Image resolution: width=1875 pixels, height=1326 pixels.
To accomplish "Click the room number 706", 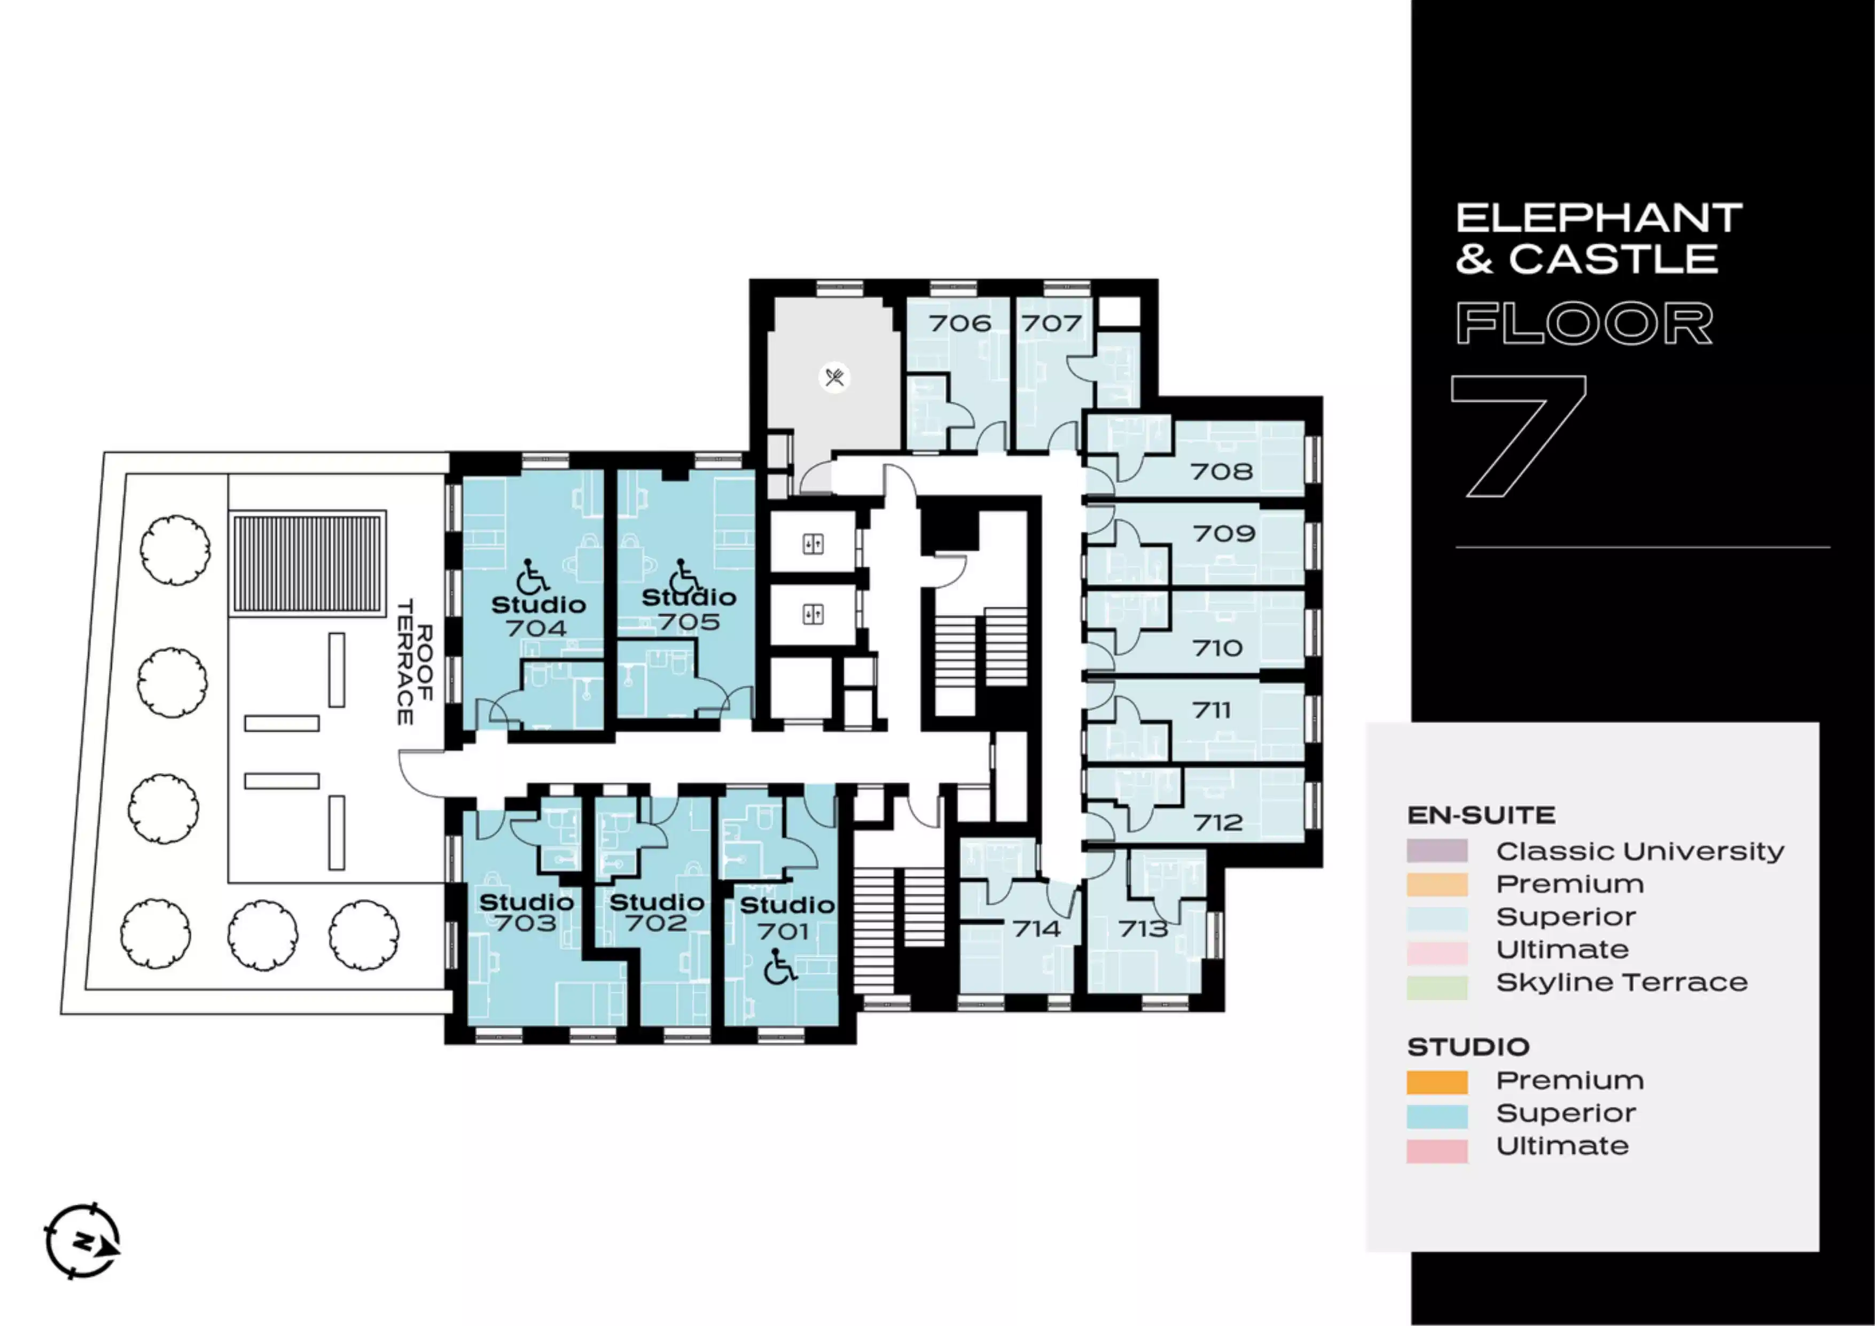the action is point(960,323).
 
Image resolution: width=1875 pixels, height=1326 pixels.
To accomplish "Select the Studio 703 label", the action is point(527,912).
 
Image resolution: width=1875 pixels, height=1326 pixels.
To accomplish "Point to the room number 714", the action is point(1037,929).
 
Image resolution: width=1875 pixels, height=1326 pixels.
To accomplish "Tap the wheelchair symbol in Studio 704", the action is point(533,576).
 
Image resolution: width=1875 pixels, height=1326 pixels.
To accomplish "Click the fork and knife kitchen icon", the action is point(834,377).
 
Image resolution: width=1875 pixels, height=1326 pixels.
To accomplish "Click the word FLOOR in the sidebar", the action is point(1584,323).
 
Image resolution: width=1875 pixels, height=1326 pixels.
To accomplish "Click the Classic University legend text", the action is point(1640,852).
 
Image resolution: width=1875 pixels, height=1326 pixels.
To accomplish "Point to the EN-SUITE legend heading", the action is point(1481,815).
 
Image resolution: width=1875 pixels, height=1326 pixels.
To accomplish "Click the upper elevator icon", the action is point(812,544).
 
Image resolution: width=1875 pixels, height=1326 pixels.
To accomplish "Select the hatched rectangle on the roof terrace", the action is point(308,564).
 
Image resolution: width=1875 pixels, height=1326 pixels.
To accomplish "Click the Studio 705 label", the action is point(689,609).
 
